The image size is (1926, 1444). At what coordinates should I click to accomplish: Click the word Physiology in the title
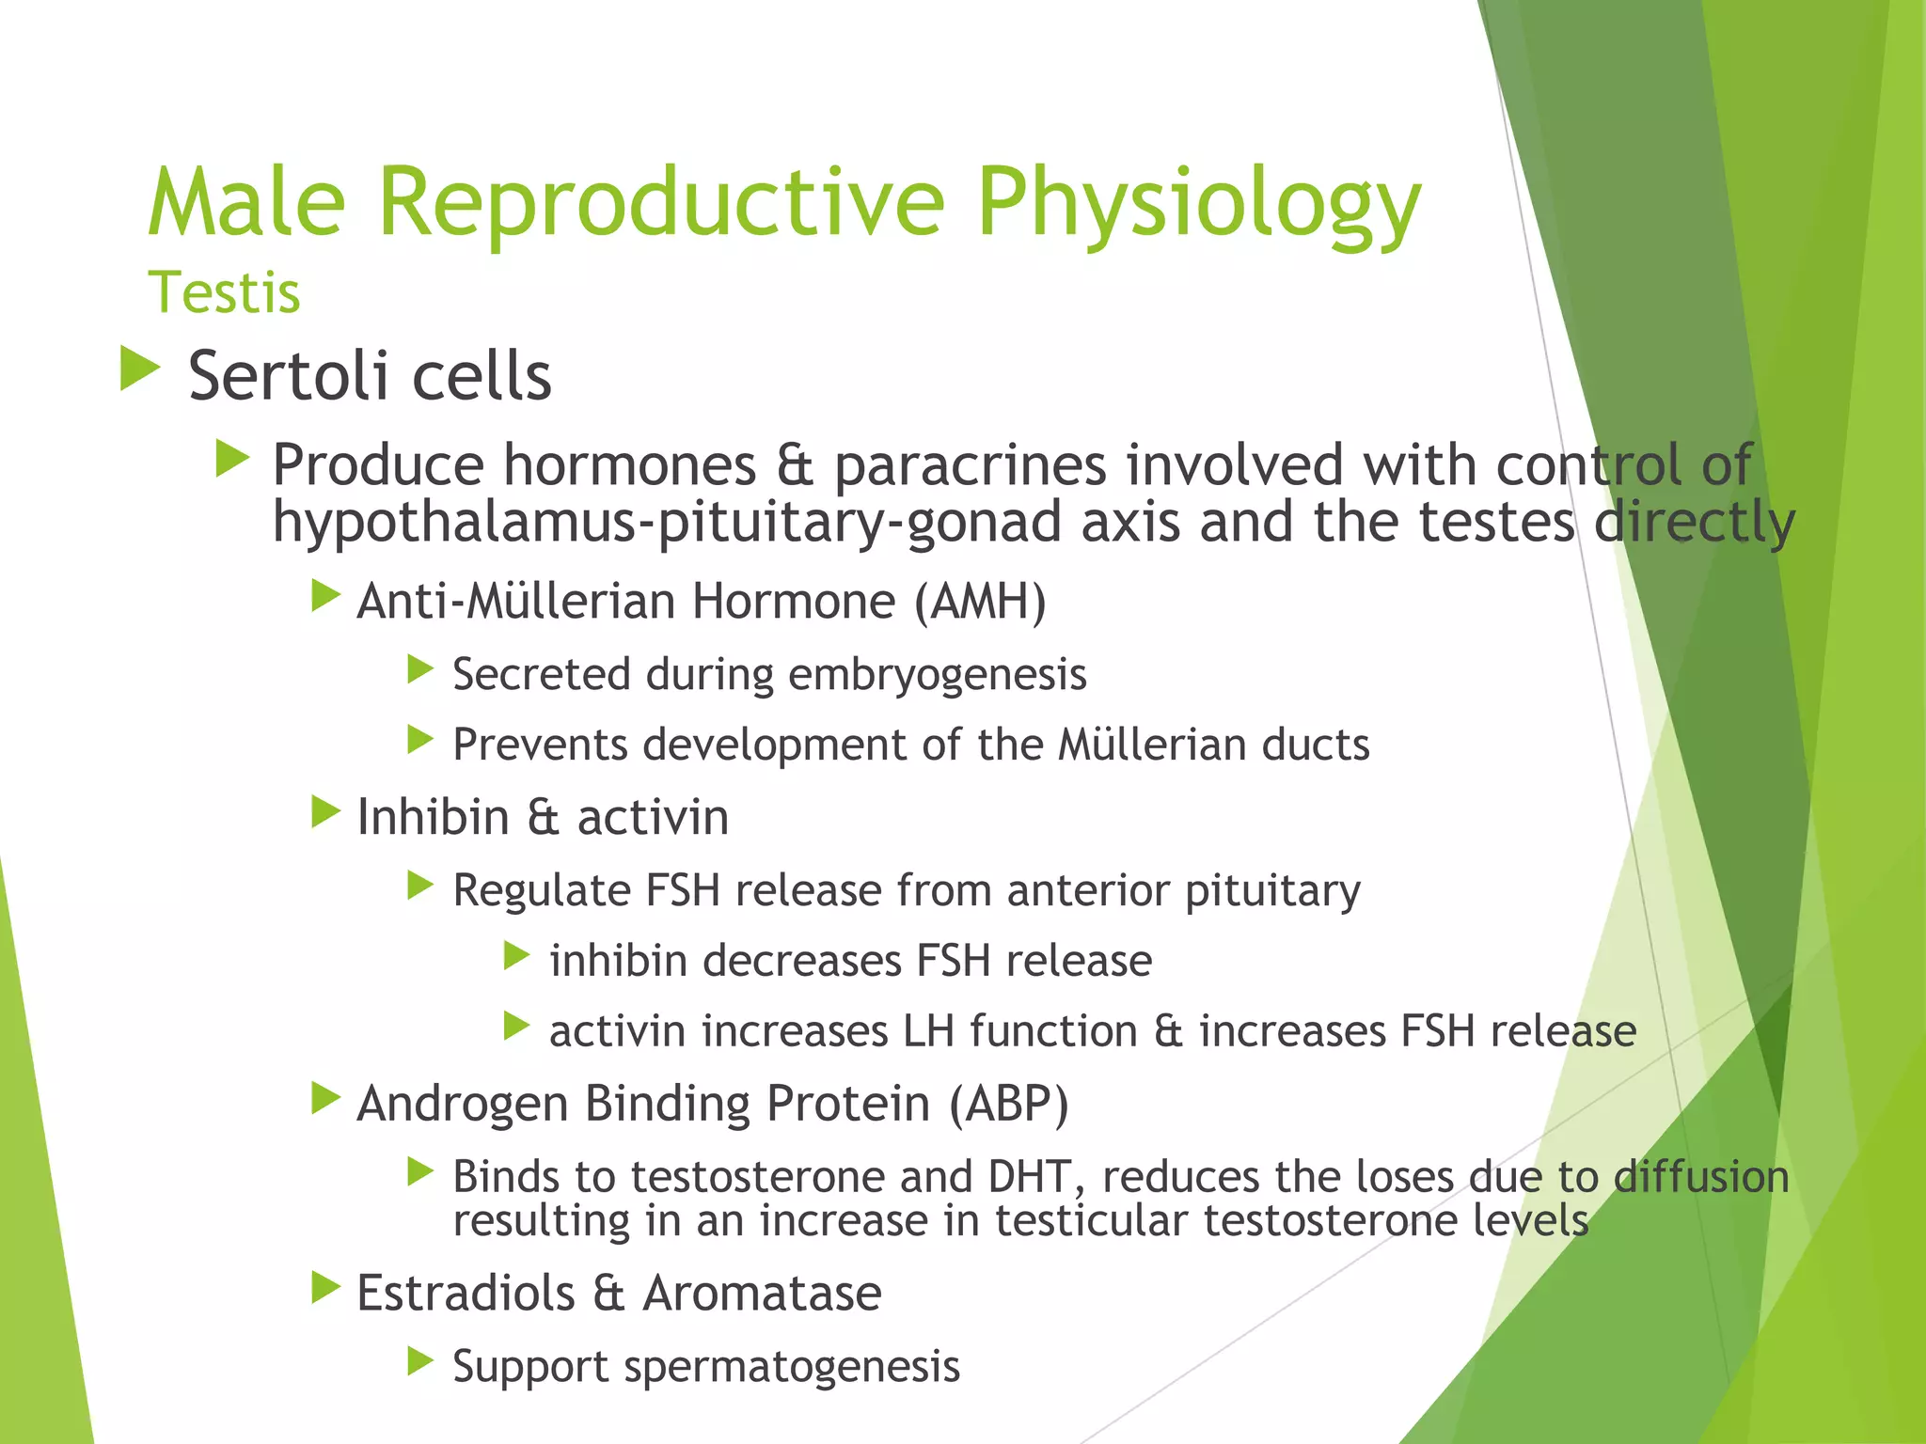pyautogui.click(x=1198, y=203)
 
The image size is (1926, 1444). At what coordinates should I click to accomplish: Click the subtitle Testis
pyautogui.click(x=224, y=292)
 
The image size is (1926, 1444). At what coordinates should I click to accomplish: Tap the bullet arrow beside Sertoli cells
pyautogui.click(x=140, y=369)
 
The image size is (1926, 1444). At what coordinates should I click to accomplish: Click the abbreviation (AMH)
pyautogui.click(x=980, y=602)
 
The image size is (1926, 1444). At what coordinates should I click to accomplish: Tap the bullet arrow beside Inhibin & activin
pyautogui.click(x=325, y=812)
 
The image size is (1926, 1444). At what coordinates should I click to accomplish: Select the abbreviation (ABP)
pyautogui.click(x=1008, y=1104)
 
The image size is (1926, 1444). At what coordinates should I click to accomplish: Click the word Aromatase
pyautogui.click(x=762, y=1293)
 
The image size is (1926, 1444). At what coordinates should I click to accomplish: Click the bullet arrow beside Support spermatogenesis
pyautogui.click(x=420, y=1361)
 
